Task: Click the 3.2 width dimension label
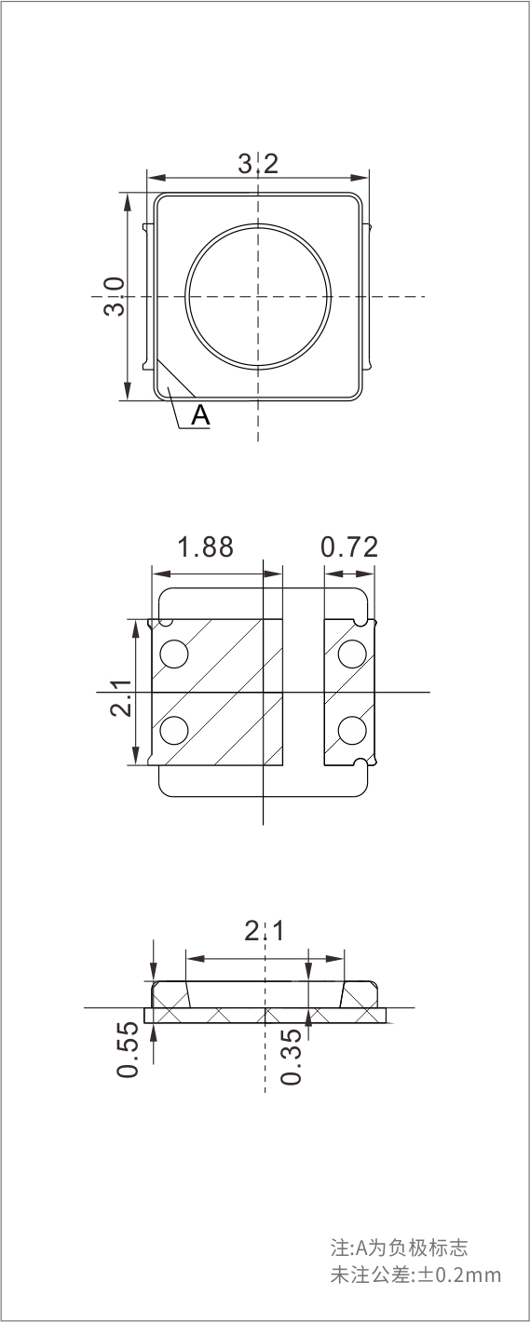click(x=258, y=163)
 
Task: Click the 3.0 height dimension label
click(x=115, y=297)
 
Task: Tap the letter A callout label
click(x=200, y=415)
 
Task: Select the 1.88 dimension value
click(x=206, y=547)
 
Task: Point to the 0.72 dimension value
click(x=349, y=547)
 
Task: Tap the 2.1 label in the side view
click(x=265, y=931)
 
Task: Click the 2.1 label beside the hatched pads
click(x=121, y=698)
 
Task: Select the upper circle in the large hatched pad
click(x=174, y=654)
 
